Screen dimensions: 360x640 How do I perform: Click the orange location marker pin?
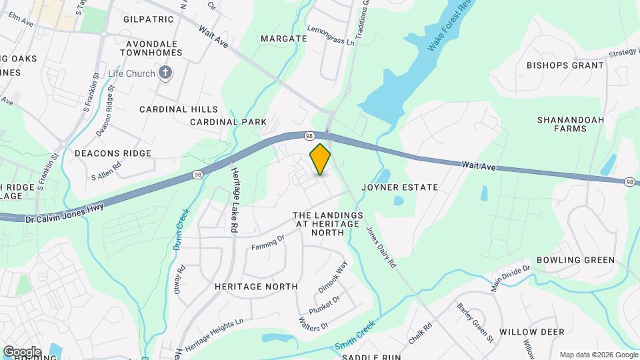click(321, 159)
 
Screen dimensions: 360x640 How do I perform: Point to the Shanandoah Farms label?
click(562, 124)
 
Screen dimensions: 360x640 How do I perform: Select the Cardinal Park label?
click(228, 122)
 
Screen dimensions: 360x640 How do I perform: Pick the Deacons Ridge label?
click(113, 153)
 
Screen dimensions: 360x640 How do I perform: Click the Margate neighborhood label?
click(283, 39)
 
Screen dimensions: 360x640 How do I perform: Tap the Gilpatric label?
click(148, 20)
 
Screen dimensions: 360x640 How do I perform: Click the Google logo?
click(21, 351)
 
